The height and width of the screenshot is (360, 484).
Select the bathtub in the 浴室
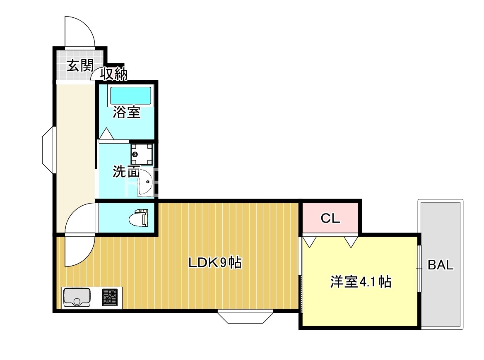tap(130, 96)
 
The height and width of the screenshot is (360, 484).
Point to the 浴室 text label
tap(127, 112)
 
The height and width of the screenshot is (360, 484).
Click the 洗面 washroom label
tap(126, 172)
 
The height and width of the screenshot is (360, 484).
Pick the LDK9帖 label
tap(215, 263)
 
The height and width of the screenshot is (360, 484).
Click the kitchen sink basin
tap(77, 297)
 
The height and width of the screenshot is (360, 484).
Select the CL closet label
tap(330, 218)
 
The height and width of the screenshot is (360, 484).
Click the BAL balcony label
tap(441, 265)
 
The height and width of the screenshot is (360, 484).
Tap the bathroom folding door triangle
tap(106, 134)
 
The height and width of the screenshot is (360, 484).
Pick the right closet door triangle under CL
tap(351, 241)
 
